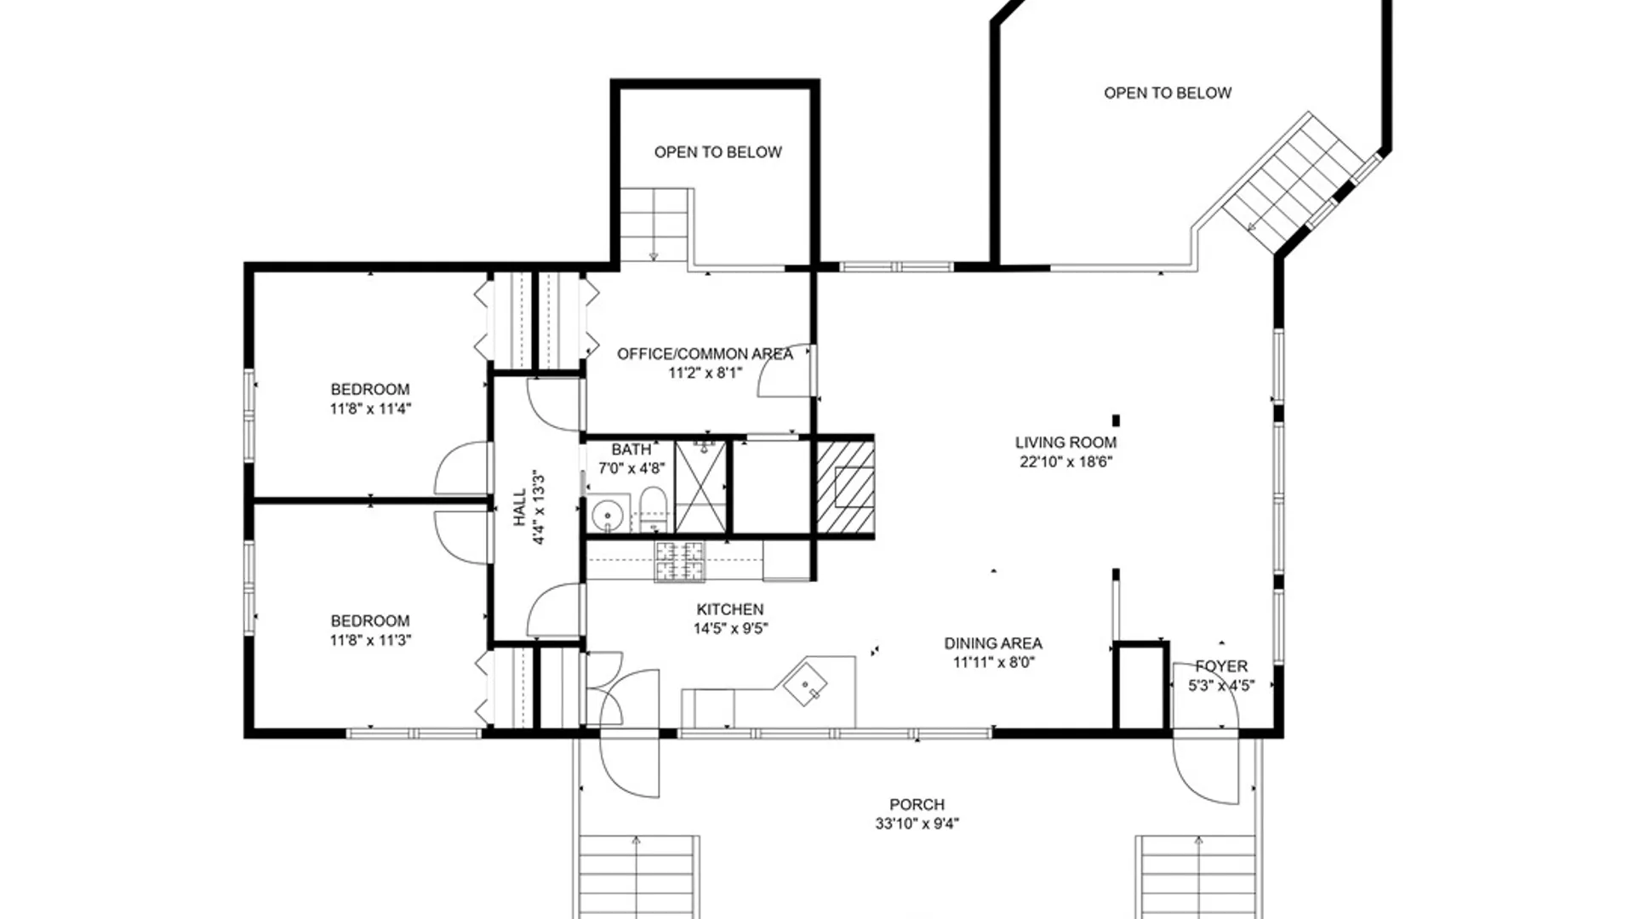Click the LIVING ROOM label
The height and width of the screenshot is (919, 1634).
[1066, 442]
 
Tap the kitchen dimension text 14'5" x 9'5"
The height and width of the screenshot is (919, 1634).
[730, 629]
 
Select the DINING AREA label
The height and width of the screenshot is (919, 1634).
[993, 643]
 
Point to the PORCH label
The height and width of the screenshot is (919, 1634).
[917, 804]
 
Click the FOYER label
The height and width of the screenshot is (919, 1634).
[1221, 666]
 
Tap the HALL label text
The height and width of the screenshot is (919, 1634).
[520, 507]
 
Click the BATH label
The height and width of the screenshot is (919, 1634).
[631, 449]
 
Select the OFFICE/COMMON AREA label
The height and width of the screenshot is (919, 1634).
[705, 354]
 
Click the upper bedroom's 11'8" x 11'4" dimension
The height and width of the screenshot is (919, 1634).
[370, 408]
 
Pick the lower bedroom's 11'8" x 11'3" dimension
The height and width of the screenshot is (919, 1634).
[370, 640]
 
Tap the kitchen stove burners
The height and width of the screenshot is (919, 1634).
[680, 562]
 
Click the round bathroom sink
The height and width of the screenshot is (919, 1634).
[608, 515]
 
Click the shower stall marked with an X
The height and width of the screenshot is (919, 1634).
[700, 486]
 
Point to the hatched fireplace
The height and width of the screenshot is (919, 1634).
[846, 487]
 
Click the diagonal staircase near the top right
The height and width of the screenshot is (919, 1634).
[1289, 182]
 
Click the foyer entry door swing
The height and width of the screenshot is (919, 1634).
[1204, 770]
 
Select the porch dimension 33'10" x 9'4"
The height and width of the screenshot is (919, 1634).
[917, 824]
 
